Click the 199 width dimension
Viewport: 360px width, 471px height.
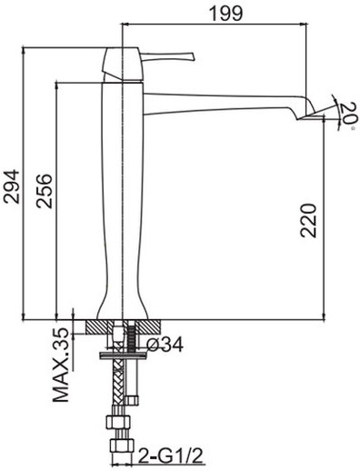coord(226,13)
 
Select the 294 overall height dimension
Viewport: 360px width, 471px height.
coord(11,186)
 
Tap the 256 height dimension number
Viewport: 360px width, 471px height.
coord(44,191)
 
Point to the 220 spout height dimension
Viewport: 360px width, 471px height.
coord(308,220)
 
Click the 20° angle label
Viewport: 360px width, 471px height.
coord(346,116)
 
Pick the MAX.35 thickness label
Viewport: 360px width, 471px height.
coord(61,365)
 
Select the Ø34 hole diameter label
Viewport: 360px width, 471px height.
coord(165,345)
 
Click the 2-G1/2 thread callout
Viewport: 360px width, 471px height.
coord(171,456)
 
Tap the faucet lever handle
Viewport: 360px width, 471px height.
coord(167,56)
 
